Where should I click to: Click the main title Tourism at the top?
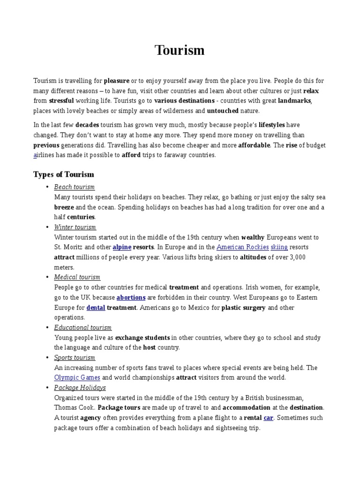point(180,51)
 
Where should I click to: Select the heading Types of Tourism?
point(63,174)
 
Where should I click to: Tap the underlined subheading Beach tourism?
point(74,187)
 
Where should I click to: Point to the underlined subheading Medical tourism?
point(77,277)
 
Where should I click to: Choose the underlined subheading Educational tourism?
point(82,328)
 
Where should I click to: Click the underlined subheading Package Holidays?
point(80,388)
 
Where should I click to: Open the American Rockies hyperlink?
point(243,247)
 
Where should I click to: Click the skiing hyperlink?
point(279,247)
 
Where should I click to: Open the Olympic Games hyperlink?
point(77,377)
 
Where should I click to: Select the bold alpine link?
point(122,247)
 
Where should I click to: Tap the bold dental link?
point(96,307)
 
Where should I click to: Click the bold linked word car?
point(268,418)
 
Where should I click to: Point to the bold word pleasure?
point(116,81)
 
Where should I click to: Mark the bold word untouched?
point(223,111)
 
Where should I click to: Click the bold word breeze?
point(64,207)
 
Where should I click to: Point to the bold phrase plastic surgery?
point(243,307)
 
